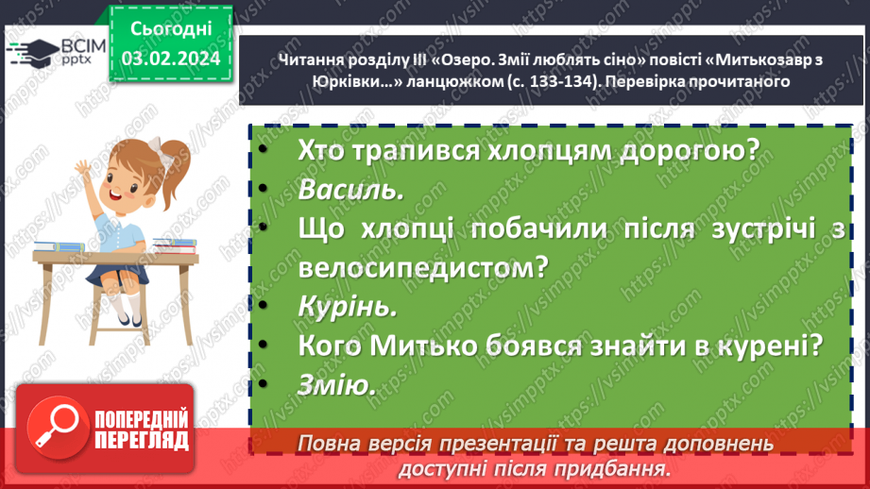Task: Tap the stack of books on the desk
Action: [174, 246]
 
